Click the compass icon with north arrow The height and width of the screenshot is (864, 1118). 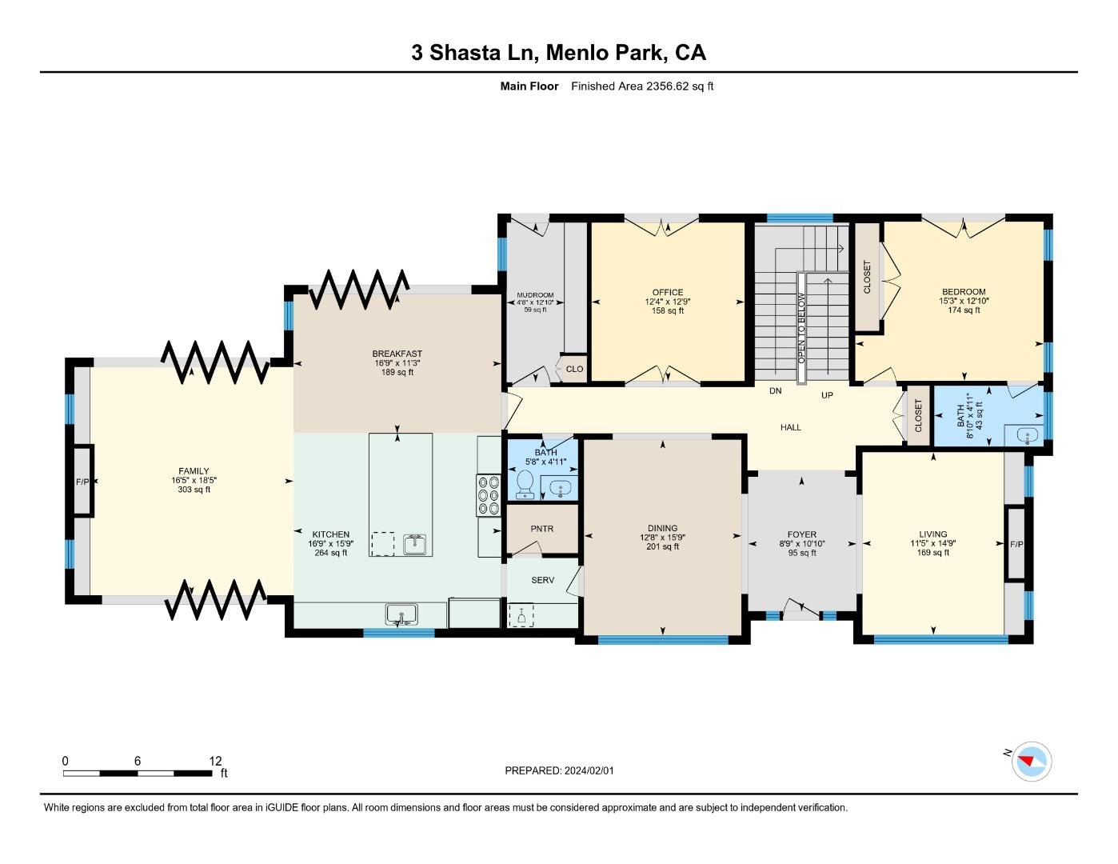click(x=1031, y=762)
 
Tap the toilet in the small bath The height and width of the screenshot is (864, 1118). click(x=525, y=483)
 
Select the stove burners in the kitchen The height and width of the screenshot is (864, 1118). click(x=488, y=495)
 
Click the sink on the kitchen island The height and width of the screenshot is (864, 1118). click(x=415, y=545)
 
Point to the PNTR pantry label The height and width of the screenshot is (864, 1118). click(x=541, y=529)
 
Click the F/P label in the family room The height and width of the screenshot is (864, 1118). click(x=82, y=482)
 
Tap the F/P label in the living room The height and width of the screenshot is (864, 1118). click(x=1016, y=544)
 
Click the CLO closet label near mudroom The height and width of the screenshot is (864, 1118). click(x=574, y=369)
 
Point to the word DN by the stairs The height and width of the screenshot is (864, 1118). click(x=775, y=391)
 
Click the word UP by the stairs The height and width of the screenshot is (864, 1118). click(x=827, y=395)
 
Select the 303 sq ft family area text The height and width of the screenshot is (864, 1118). click(x=194, y=490)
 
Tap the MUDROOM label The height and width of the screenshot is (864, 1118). click(x=535, y=295)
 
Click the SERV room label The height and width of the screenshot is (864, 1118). click(x=542, y=580)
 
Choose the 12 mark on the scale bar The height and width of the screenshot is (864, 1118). click(x=215, y=762)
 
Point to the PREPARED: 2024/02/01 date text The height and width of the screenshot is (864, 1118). click(x=559, y=770)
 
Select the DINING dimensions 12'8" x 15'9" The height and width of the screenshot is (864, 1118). click(x=662, y=538)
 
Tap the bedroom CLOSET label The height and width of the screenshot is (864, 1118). click(x=867, y=277)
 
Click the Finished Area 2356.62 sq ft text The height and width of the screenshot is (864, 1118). click(x=641, y=86)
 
